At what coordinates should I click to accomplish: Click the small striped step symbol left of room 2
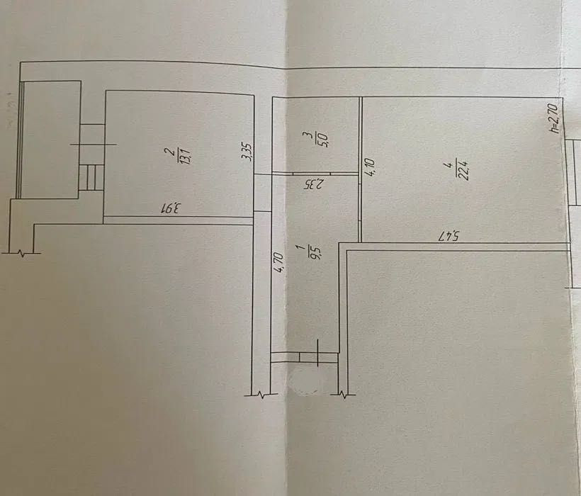91,177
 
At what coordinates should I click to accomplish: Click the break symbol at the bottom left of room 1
261,392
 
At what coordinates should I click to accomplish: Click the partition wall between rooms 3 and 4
361,170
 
